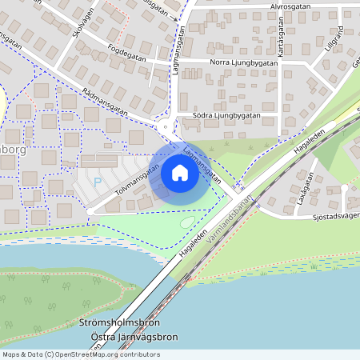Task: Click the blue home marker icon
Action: click(180, 173)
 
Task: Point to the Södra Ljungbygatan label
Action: click(227, 115)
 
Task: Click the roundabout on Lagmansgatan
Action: click(166, 126)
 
